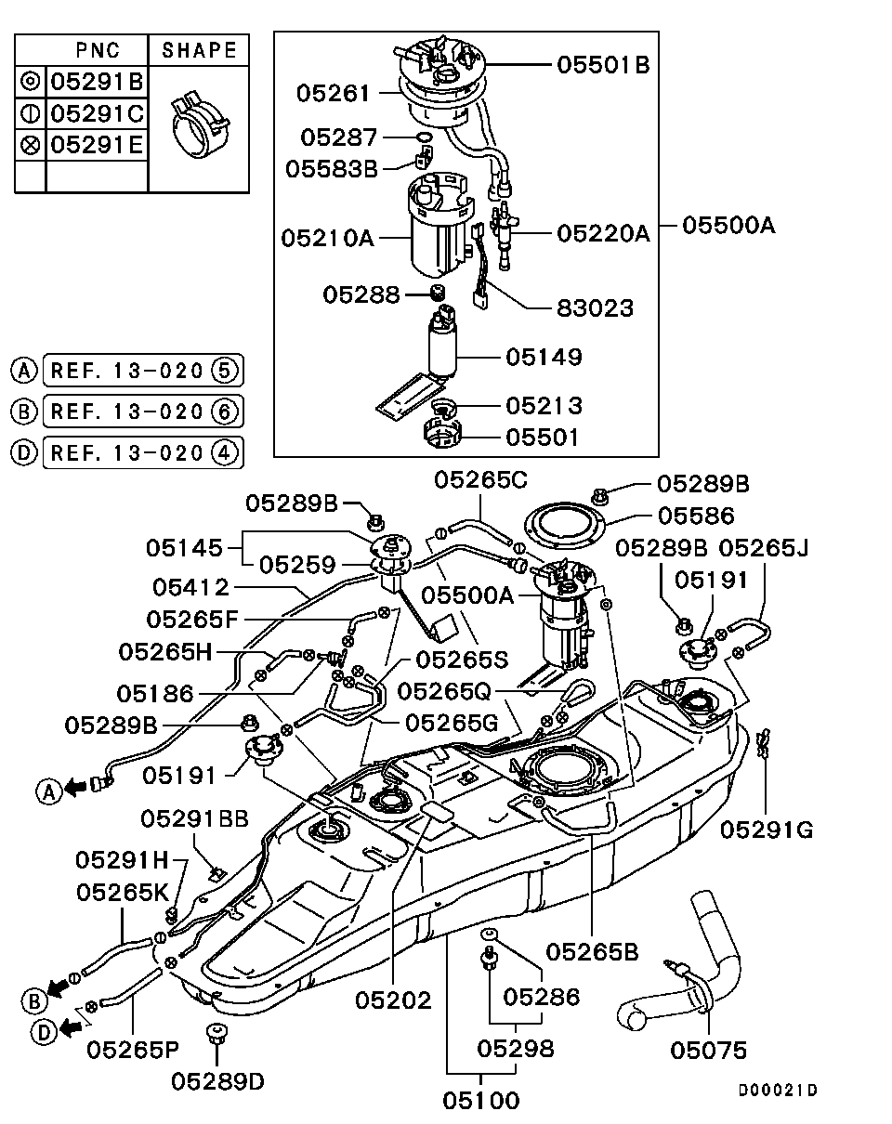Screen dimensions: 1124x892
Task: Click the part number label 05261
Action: (x=333, y=93)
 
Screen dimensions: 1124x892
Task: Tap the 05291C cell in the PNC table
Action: (x=97, y=113)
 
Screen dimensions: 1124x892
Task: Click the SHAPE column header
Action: (x=199, y=49)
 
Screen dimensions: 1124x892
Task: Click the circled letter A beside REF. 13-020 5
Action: (x=23, y=371)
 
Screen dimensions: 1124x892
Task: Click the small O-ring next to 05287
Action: (x=423, y=138)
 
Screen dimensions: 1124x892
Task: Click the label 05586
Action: (x=695, y=515)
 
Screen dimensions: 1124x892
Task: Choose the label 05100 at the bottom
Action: (x=480, y=1101)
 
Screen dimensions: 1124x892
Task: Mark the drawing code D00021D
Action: (x=779, y=1091)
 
